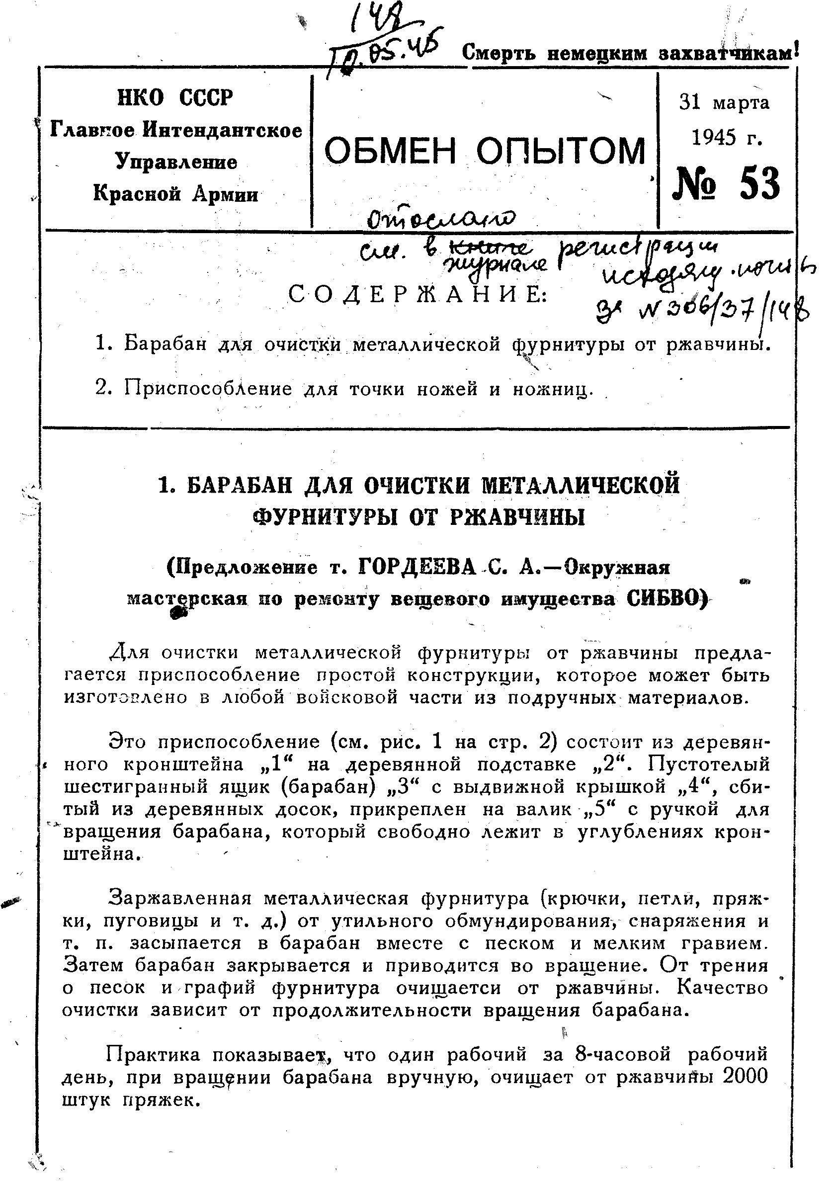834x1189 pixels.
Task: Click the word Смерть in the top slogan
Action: click(x=500, y=53)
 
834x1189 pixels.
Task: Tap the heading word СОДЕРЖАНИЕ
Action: click(x=417, y=295)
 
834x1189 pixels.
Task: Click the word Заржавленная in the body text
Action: click(x=178, y=898)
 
